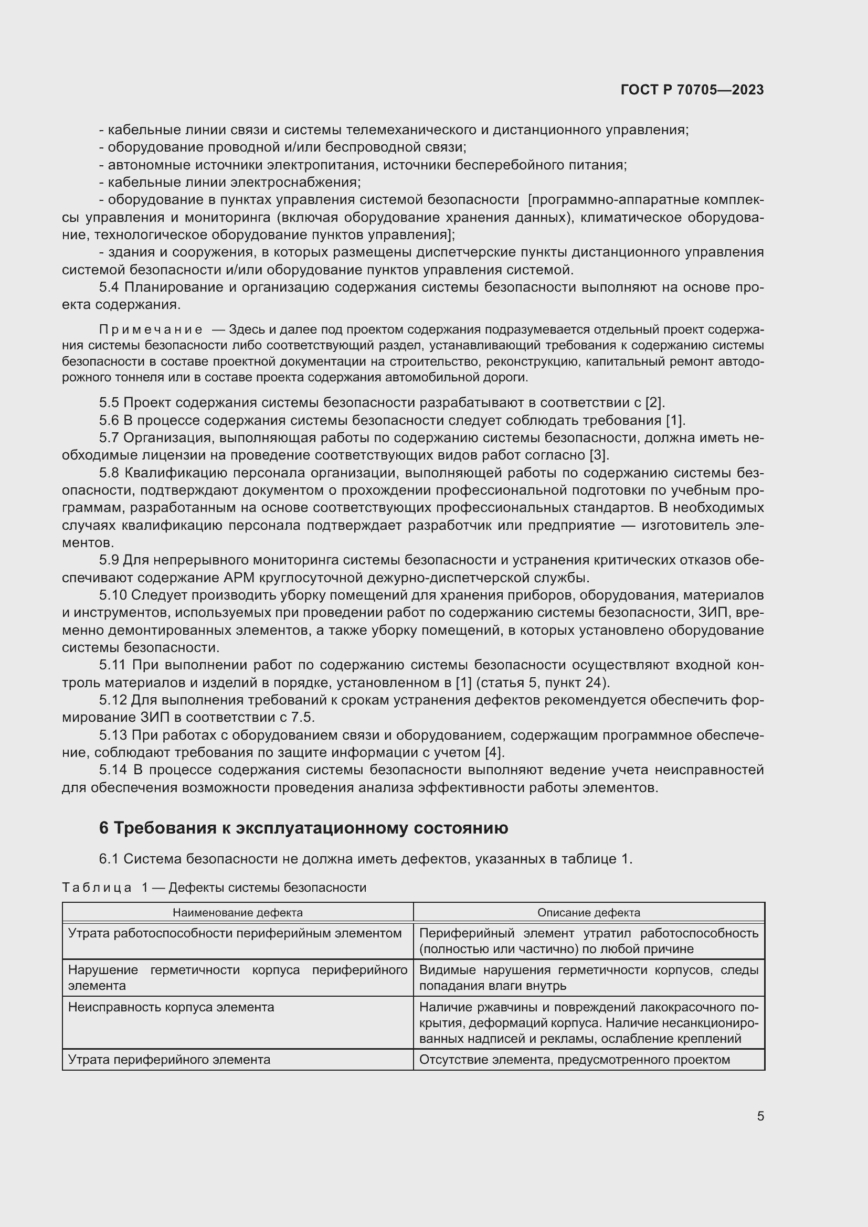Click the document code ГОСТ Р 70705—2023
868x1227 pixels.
(692, 90)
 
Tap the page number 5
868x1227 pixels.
(760, 1116)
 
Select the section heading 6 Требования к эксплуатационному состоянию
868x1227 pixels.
(303, 828)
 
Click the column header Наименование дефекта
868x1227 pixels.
(237, 913)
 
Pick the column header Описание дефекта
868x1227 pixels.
(588, 913)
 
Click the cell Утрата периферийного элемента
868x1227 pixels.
(169, 1059)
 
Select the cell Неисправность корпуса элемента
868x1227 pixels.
(171, 1007)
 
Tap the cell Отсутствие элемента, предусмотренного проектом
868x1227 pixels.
(575, 1059)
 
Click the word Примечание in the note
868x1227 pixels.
(151, 330)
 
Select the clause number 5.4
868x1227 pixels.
(109, 287)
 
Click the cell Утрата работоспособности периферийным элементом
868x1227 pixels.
(235, 933)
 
